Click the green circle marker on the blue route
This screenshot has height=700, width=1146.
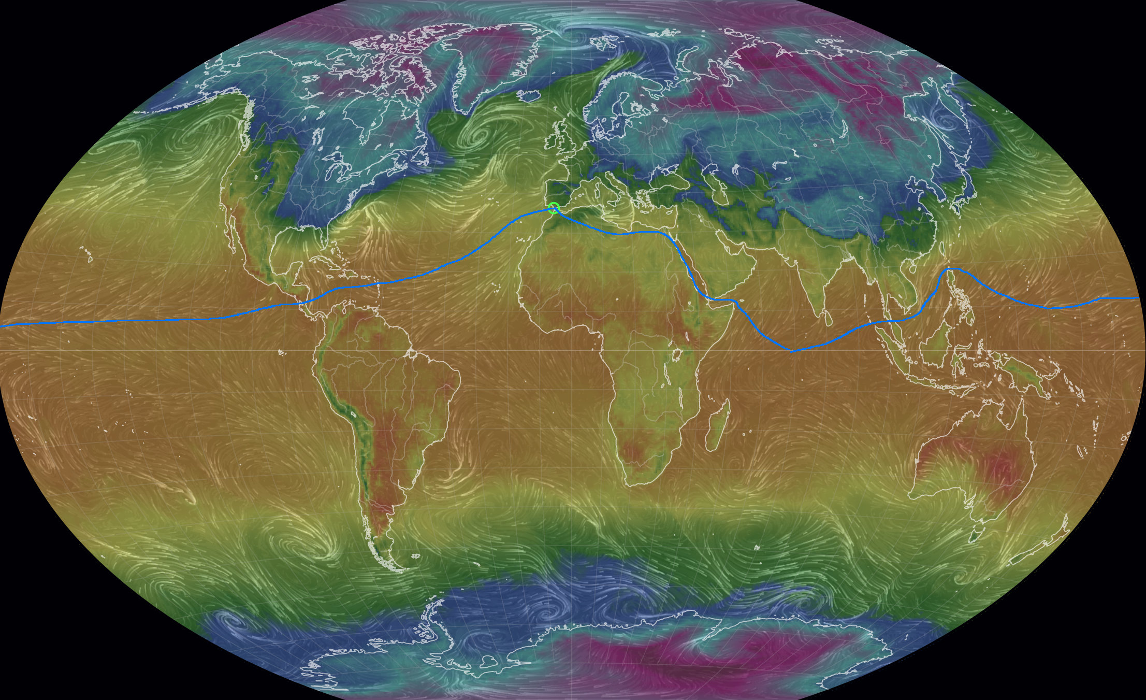click(x=554, y=208)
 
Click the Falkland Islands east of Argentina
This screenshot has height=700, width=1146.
click(x=415, y=556)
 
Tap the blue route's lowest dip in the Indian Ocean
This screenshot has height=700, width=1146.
click(x=791, y=351)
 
